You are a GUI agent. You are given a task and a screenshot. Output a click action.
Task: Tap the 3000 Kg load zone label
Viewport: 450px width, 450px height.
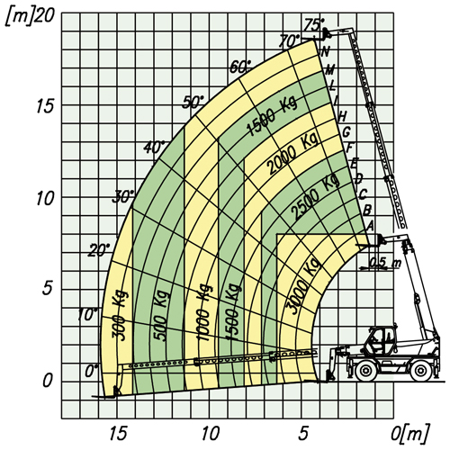[x=302, y=286]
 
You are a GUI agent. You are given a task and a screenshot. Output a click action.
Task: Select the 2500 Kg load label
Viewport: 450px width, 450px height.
[x=315, y=197]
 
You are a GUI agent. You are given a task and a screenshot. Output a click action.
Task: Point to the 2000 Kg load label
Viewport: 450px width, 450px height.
[x=292, y=154]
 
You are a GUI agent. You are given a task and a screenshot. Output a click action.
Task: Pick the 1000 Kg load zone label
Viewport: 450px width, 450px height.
[x=204, y=312]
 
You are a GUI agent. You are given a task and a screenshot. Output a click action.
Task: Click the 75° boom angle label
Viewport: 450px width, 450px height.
[x=314, y=25]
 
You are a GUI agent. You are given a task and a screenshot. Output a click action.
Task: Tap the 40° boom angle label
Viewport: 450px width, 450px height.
[x=155, y=148]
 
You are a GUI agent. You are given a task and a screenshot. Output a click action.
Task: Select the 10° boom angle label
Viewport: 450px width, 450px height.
[x=87, y=315]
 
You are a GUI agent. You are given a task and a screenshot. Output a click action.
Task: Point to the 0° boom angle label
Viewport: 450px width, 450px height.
[x=92, y=372]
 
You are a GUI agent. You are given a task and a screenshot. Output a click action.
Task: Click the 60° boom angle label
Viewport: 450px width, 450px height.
[x=240, y=67]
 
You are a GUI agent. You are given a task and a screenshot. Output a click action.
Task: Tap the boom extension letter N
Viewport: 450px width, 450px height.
[x=325, y=51]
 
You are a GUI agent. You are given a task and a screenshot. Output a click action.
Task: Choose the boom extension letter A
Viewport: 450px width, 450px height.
[x=370, y=226]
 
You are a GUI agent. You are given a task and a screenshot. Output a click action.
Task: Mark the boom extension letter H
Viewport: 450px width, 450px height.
[x=342, y=116]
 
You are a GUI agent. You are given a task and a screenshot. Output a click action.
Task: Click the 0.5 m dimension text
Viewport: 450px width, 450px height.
[x=384, y=263]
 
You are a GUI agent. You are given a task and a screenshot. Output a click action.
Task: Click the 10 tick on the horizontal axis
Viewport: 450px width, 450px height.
[x=211, y=433]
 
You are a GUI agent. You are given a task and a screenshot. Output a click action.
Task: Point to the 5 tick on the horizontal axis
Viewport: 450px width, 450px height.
[x=303, y=433]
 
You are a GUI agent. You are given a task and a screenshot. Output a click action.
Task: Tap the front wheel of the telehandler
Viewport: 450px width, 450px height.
[x=364, y=371]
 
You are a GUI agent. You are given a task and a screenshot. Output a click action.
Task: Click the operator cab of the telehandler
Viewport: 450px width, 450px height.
[x=381, y=339]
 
